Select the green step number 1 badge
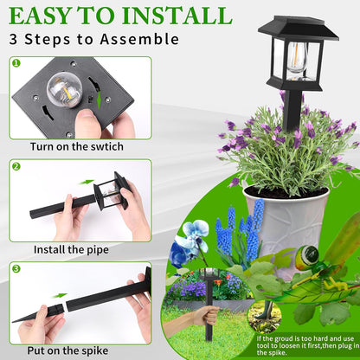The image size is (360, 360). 16,64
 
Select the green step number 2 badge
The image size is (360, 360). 16,165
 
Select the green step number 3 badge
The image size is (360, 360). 16,268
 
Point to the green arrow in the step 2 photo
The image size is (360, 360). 87,183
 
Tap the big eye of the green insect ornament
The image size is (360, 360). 303,257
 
